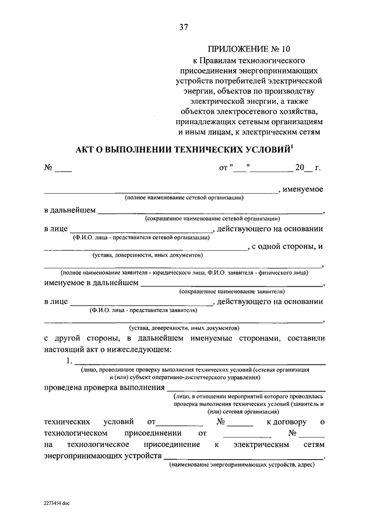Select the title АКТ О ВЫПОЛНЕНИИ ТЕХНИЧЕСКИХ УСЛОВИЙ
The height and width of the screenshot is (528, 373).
click(x=182, y=149)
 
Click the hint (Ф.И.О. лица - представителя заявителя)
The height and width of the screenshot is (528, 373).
click(x=141, y=310)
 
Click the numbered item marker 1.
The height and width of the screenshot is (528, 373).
click(x=69, y=361)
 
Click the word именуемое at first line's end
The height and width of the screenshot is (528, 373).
click(x=303, y=189)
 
